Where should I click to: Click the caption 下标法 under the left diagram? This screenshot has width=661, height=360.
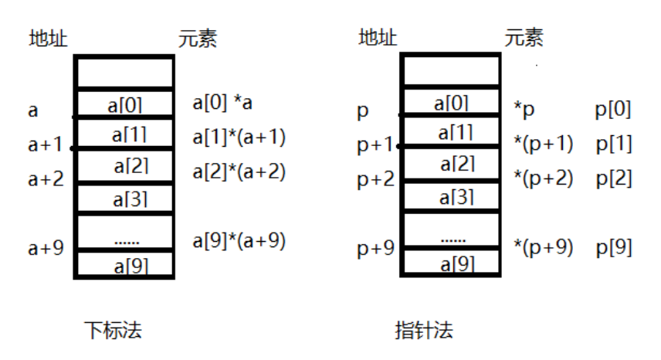click(114, 331)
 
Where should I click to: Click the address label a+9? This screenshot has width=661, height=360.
click(46, 249)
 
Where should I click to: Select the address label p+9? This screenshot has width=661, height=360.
click(375, 249)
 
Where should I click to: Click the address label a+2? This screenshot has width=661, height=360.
click(46, 178)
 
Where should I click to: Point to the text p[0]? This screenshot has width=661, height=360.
click(614, 110)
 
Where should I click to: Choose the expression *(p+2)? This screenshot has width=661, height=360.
click(543, 178)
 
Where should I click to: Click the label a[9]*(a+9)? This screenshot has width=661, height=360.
click(239, 241)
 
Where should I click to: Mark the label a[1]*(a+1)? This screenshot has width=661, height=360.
click(239, 138)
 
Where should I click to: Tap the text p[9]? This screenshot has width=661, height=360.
click(614, 248)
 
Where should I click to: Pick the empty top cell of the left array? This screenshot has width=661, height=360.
click(124, 73)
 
